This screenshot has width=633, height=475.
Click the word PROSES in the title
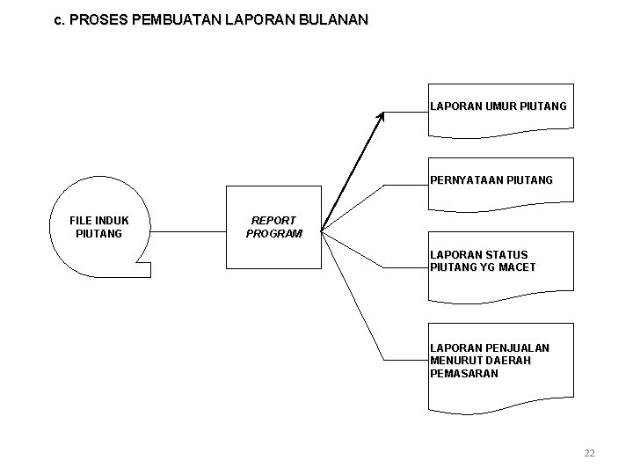point(95,18)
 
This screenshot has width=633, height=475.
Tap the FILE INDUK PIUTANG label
point(98,227)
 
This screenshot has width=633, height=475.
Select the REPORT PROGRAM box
point(273,227)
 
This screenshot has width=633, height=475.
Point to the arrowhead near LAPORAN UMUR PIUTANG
point(382,116)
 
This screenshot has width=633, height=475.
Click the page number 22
point(589,453)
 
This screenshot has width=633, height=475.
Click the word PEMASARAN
point(464,373)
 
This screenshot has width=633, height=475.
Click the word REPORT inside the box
point(273,221)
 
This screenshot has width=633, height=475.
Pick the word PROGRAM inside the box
point(273,234)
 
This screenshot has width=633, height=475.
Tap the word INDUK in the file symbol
point(111,221)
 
